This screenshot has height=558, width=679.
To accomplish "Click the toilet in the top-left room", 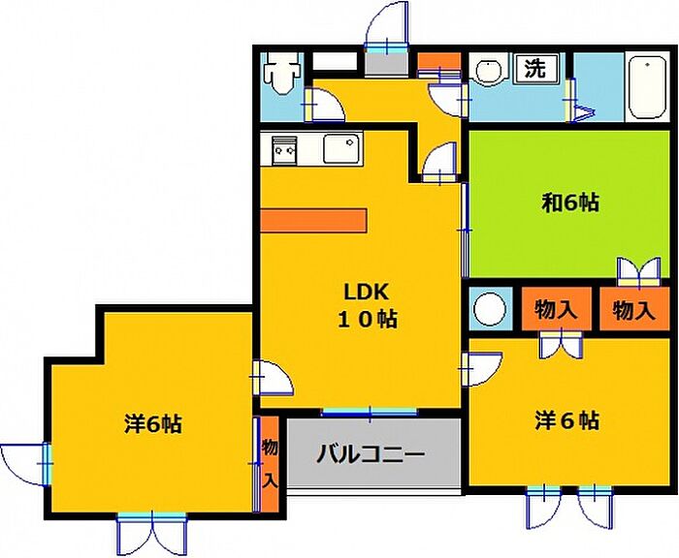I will (282, 74).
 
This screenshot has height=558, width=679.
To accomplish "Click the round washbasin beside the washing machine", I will (488, 72).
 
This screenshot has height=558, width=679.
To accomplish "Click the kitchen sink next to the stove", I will (340, 150).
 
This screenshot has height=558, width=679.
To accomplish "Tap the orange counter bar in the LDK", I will (313, 220).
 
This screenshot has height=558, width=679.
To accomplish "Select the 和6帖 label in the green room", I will (569, 202).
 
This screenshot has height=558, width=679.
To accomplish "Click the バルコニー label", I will (371, 453).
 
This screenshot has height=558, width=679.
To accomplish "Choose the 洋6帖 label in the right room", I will (567, 420).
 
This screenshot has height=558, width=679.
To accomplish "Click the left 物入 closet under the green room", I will (557, 311).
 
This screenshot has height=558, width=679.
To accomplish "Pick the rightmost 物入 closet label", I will (634, 311).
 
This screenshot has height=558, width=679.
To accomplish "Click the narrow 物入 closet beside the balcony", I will (270, 462).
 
